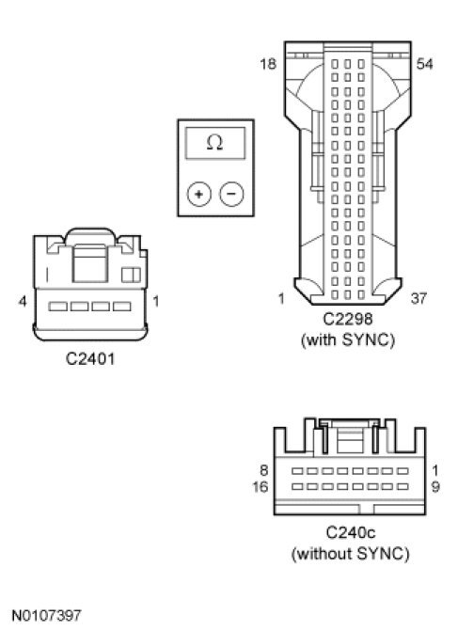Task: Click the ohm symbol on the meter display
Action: pos(214,142)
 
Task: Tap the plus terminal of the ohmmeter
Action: pos(198,194)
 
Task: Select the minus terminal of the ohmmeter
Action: pos(231,194)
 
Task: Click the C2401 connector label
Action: pos(90,358)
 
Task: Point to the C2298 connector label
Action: pos(348,319)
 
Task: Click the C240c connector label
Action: pos(350,533)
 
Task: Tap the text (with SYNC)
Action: pos(348,340)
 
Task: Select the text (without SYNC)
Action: pos(350,554)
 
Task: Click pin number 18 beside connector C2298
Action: pos(268,64)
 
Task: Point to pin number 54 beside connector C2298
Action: pos(424,64)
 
